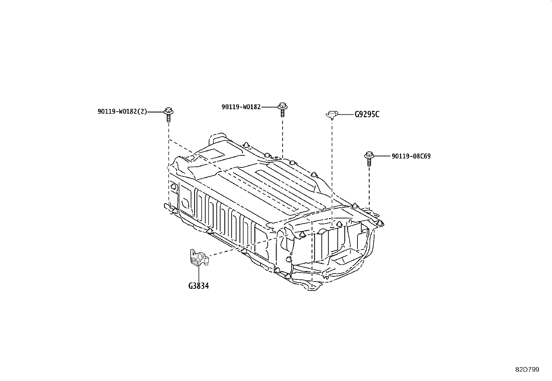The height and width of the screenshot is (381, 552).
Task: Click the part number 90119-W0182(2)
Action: coord(122,112)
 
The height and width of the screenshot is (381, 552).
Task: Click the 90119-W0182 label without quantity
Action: coord(241,107)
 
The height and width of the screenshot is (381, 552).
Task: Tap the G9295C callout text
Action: coord(367,114)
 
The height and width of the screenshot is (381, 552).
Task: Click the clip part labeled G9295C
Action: coord(332,114)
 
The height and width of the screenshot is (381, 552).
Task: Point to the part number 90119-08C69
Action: coord(411,156)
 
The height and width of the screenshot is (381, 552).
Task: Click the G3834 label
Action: coord(199,286)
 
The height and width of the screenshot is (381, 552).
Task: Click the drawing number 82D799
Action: coord(527,370)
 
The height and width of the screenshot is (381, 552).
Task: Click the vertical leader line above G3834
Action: coord(199,274)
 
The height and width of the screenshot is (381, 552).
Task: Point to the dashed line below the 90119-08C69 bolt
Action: coord(369,187)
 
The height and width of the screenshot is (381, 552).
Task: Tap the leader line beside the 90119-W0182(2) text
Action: coord(155,112)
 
